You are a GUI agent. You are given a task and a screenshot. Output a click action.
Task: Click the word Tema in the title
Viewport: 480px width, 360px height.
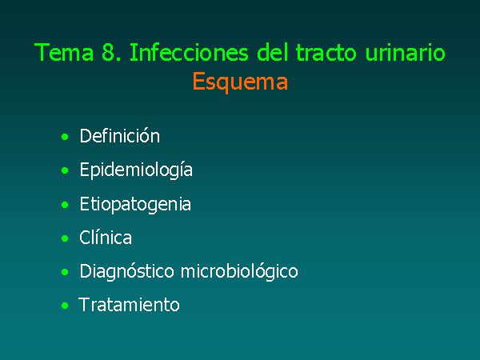pyautogui.click(x=64, y=52)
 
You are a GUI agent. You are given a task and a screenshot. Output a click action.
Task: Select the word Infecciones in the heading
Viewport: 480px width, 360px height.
pyautogui.click(x=189, y=52)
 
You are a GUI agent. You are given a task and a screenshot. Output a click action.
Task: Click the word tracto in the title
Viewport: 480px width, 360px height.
pyautogui.click(x=326, y=52)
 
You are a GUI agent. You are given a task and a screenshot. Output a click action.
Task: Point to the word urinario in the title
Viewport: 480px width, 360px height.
pyautogui.click(x=406, y=52)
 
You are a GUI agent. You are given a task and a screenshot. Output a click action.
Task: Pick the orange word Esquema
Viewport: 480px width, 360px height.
pyautogui.click(x=240, y=82)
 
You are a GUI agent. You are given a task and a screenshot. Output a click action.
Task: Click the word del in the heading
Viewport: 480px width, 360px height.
pyautogui.click(x=272, y=52)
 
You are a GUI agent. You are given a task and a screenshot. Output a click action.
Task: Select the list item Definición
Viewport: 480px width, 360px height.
pyautogui.click(x=120, y=136)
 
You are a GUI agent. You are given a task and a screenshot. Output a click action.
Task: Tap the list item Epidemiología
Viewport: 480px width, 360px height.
pyautogui.click(x=136, y=170)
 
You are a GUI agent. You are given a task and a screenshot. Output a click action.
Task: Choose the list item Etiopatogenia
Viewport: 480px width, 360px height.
pyautogui.click(x=135, y=205)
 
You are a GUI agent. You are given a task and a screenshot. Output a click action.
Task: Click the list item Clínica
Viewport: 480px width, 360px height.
pyautogui.click(x=106, y=238)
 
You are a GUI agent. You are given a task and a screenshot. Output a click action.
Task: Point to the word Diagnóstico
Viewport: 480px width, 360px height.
pyautogui.click(x=126, y=271)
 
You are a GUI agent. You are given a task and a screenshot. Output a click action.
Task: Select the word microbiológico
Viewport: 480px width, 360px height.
pyautogui.click(x=239, y=271)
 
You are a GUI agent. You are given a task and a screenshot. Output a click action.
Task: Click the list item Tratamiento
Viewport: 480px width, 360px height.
pyautogui.click(x=129, y=305)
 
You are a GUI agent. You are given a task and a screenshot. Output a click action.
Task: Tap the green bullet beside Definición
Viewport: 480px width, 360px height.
pyautogui.click(x=65, y=137)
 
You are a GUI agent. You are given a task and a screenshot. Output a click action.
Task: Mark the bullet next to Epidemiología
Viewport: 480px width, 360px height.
pyautogui.click(x=65, y=170)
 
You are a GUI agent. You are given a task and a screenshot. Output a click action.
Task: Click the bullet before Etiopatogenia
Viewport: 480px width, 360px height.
pyautogui.click(x=65, y=205)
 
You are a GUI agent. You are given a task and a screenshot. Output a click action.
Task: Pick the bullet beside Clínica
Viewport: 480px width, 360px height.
pyautogui.click(x=65, y=238)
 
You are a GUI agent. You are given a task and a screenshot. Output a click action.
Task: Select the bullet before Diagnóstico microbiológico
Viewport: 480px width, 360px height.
pyautogui.click(x=65, y=272)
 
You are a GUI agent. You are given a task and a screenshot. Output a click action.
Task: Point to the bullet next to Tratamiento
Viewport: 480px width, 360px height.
pyautogui.click(x=65, y=306)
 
